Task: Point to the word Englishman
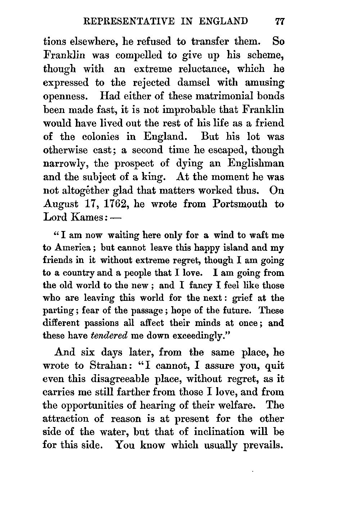(256, 163)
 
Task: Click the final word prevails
(264, 445)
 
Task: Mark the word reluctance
(201, 69)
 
